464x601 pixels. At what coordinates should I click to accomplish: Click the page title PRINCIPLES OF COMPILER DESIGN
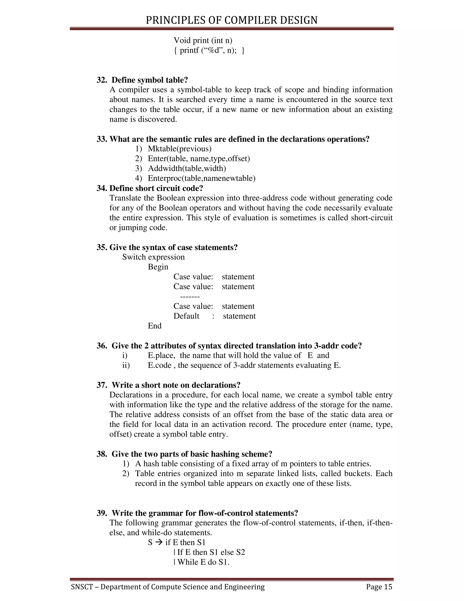[232, 20]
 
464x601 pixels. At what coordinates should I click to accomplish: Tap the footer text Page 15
[379, 587]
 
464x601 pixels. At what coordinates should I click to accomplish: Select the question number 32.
[101, 80]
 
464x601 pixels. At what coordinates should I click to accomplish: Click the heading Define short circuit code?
[156, 188]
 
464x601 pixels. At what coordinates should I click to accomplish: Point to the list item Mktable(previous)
[179, 149]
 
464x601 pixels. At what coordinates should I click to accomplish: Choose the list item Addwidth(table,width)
[187, 169]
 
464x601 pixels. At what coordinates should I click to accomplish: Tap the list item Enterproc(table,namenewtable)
[201, 178]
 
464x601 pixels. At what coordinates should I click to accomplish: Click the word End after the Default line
[155, 326]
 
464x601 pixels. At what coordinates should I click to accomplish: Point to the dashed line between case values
[190, 297]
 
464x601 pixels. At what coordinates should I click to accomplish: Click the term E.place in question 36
[161, 356]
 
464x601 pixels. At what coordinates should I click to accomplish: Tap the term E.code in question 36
[159, 365]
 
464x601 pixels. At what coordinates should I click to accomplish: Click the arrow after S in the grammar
[159, 543]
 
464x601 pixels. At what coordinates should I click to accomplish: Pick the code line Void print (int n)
[203, 41]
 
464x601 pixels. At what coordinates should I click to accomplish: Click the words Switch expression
[153, 257]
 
